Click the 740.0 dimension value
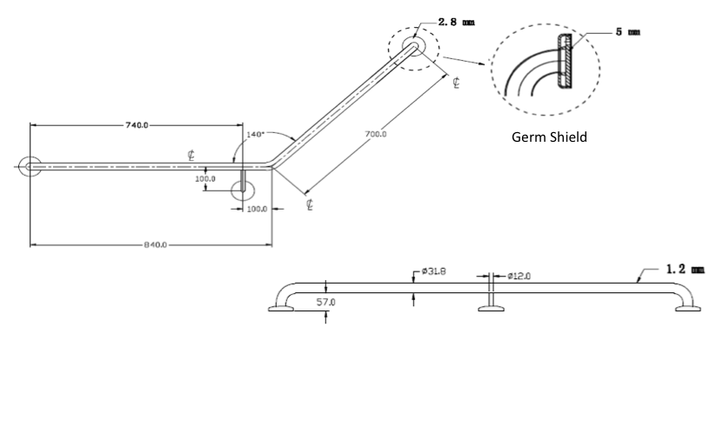(x=137, y=125)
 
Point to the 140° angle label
(x=255, y=135)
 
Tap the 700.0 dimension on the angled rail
(x=377, y=134)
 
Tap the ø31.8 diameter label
(x=434, y=271)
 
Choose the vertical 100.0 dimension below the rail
(x=205, y=178)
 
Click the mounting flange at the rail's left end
(x=29, y=165)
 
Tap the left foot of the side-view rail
(x=281, y=306)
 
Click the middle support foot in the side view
(x=492, y=306)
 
